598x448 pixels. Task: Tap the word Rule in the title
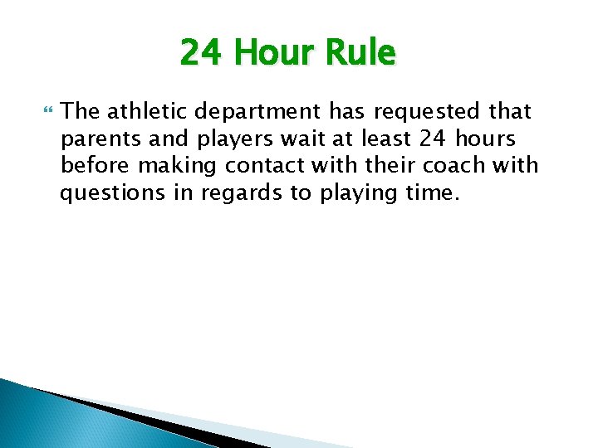pyautogui.click(x=360, y=54)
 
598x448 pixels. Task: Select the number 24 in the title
pyautogui.click(x=202, y=54)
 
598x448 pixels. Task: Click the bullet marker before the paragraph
pyautogui.click(x=47, y=110)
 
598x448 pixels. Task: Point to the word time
pyautogui.click(x=433, y=192)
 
